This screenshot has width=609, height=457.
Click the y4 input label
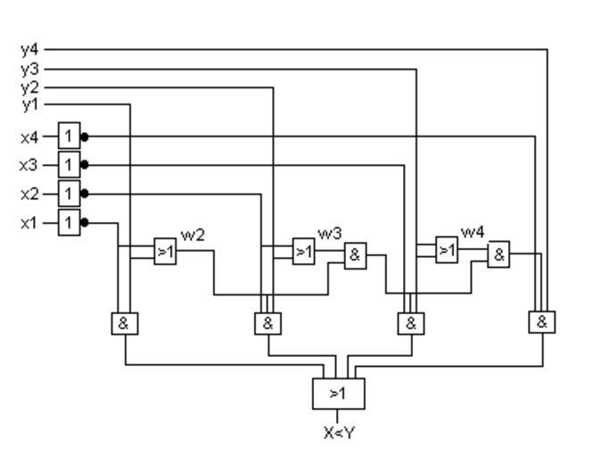[x=29, y=49]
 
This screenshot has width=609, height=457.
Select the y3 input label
[x=29, y=68]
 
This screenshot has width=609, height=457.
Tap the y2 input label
[x=29, y=87]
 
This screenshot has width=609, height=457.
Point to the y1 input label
[x=29, y=105]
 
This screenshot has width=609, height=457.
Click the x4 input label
[x=29, y=137]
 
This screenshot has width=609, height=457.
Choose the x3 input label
[x=29, y=165]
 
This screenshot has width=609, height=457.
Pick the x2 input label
[x=29, y=194]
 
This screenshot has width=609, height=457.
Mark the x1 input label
[x=29, y=222]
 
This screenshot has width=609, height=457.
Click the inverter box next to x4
[x=69, y=137]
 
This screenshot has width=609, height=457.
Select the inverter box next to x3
[x=69, y=165]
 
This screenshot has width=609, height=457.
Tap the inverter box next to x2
[x=69, y=194]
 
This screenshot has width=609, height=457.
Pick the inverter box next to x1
[x=69, y=222]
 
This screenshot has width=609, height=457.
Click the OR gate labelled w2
[x=165, y=252]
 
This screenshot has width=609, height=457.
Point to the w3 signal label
[x=330, y=233]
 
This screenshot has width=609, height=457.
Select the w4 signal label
[x=473, y=232]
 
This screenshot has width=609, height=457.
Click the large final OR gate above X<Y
[x=338, y=393]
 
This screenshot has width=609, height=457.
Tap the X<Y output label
[x=338, y=434]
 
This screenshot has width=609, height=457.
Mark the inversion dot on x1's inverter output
[x=85, y=222]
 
